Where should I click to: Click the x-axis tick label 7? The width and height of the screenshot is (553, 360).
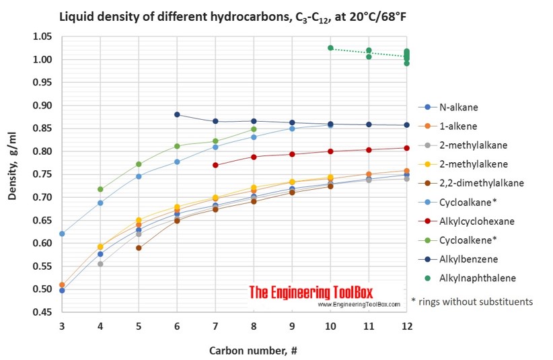[215, 326]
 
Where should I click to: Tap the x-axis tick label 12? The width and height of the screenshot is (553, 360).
[406, 326]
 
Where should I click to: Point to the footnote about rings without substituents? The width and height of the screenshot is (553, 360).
[472, 302]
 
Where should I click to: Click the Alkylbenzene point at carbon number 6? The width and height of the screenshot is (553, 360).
[177, 114]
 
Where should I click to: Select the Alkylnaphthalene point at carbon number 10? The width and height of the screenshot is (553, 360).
[330, 48]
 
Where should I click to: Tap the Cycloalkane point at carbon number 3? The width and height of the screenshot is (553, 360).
[62, 233]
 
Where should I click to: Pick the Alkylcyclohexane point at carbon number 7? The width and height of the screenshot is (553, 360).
[215, 165]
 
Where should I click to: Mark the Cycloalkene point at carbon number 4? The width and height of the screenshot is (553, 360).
[100, 189]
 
